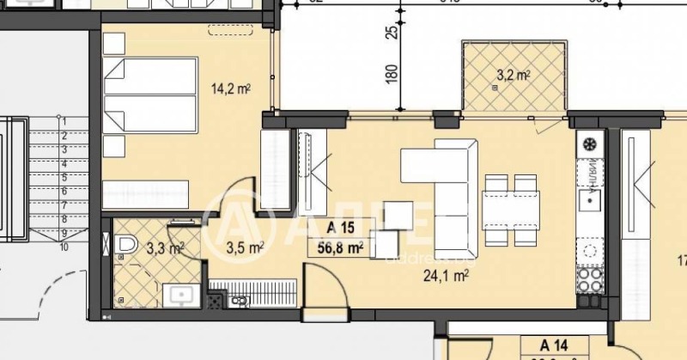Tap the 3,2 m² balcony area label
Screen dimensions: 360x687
513,76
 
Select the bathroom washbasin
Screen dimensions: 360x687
182,295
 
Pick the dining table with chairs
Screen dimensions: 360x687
510,207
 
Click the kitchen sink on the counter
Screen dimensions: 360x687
589,200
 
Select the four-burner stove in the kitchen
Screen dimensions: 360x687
589,278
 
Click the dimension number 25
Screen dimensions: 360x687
392,33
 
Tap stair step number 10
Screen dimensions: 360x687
64,247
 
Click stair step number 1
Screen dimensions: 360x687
64,122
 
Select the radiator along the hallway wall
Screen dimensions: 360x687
253,285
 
